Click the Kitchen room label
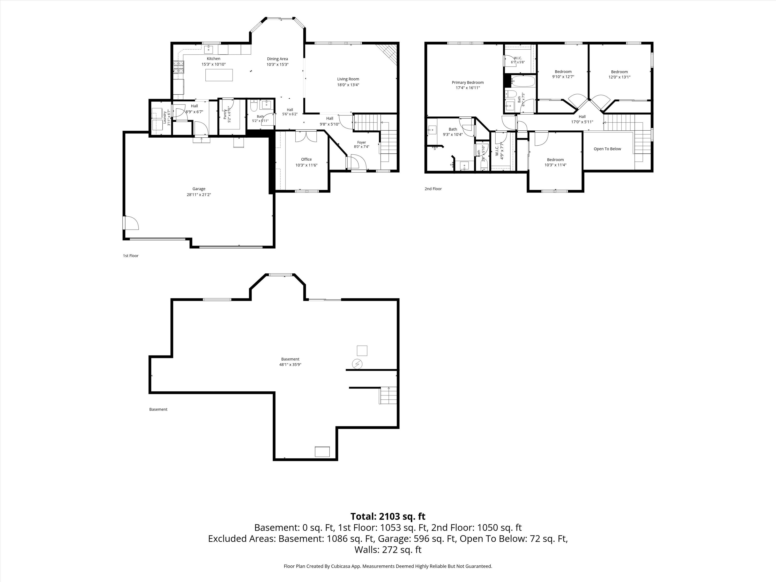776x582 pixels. click(213, 58)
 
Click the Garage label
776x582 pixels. click(199, 189)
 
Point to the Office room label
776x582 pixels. click(306, 159)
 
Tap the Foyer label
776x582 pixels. click(361, 143)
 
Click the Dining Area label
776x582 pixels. click(278, 59)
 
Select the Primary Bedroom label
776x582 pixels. click(468, 83)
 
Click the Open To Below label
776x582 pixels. click(607, 149)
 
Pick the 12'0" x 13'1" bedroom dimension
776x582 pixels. click(619, 77)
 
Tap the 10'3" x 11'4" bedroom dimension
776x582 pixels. click(555, 165)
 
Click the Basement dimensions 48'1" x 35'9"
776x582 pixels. click(290, 364)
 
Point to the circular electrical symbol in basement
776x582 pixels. click(357, 364)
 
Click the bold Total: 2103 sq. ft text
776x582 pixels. click(388, 516)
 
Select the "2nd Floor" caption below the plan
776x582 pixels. click(433, 189)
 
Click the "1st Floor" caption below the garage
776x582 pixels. click(131, 256)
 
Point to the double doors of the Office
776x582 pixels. click(306, 136)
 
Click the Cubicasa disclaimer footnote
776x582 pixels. click(388, 566)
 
